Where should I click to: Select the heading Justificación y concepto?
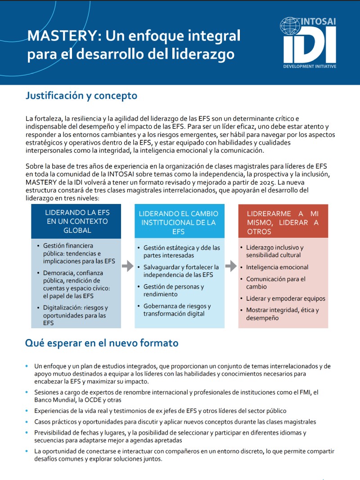(x=81, y=95)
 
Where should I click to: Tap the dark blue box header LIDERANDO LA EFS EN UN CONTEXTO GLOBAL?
(x=76, y=221)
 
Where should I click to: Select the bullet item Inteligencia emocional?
(x=277, y=267)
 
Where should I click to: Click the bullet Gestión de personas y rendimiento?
(x=173, y=290)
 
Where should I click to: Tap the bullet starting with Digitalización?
(x=75, y=315)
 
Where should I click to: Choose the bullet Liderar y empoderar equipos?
(x=285, y=299)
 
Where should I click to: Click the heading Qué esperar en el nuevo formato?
(x=102, y=343)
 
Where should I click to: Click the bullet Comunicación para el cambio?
(x=275, y=283)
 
